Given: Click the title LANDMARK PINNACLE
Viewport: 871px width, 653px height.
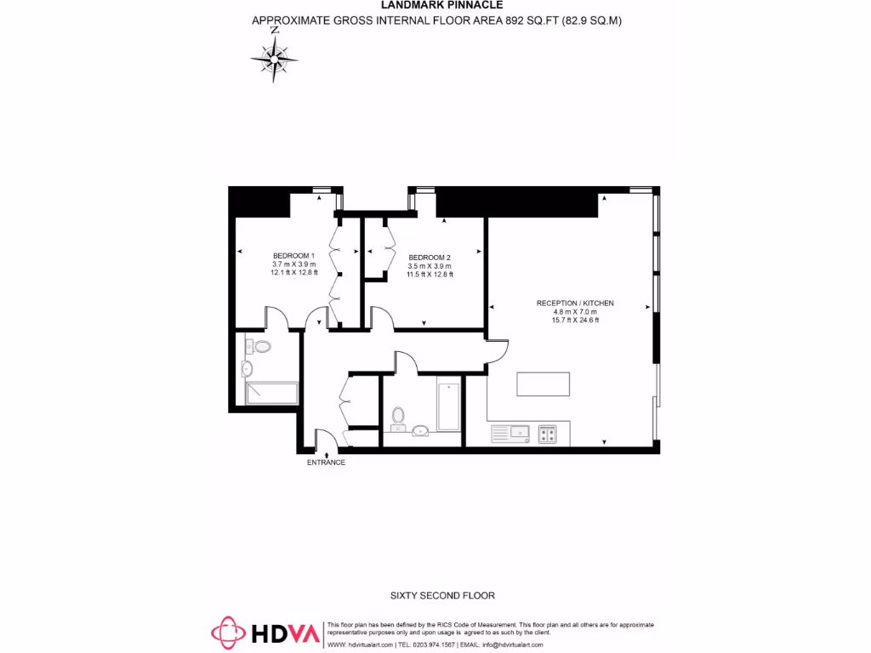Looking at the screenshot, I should click(x=435, y=5).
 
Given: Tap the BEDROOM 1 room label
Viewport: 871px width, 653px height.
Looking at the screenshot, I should click(x=293, y=256).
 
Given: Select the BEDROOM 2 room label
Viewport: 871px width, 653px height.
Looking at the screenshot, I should click(x=429, y=258).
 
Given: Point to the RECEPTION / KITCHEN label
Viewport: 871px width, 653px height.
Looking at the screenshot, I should click(x=575, y=303).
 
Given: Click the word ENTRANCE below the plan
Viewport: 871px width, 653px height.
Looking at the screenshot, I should click(x=327, y=463).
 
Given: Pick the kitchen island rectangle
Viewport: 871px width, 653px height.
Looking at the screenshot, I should click(x=543, y=384).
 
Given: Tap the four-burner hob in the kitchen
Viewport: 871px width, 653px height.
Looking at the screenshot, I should click(x=547, y=434).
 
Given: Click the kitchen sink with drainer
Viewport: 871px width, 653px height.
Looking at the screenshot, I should click(x=510, y=434).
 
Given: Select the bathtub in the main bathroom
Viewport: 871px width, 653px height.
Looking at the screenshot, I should click(x=448, y=407).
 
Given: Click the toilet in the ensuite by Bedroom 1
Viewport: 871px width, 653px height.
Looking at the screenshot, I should click(x=261, y=347).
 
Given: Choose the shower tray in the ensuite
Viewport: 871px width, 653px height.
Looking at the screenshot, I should click(x=271, y=393).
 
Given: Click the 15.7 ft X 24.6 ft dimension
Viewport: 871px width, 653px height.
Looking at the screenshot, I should click(x=575, y=321).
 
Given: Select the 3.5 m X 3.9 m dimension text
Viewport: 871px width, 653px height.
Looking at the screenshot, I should click(x=429, y=266).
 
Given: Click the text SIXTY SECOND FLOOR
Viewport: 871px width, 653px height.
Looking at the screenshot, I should click(x=442, y=596).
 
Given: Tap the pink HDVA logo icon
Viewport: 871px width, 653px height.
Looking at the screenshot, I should click(x=228, y=633).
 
